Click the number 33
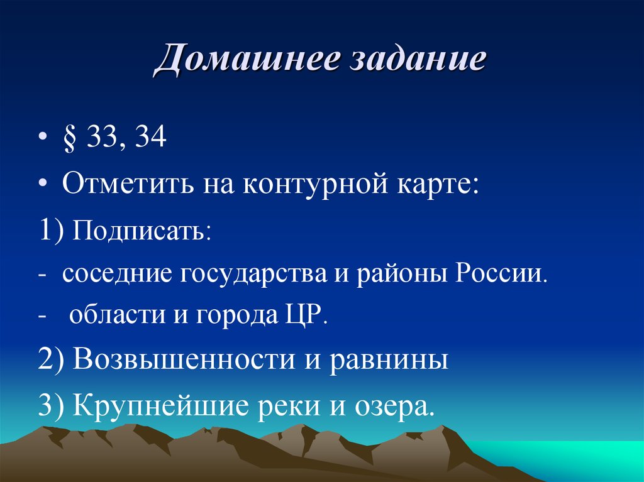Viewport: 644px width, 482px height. [x=102, y=137]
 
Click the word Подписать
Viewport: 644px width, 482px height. [x=142, y=233]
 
